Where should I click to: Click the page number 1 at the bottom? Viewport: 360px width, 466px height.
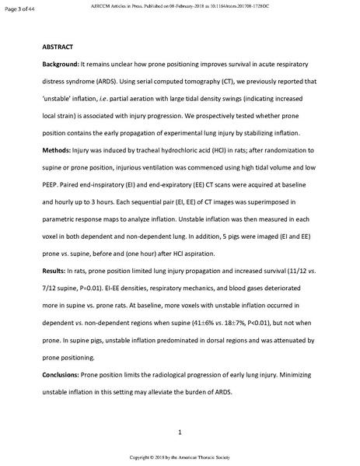click(180, 432)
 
